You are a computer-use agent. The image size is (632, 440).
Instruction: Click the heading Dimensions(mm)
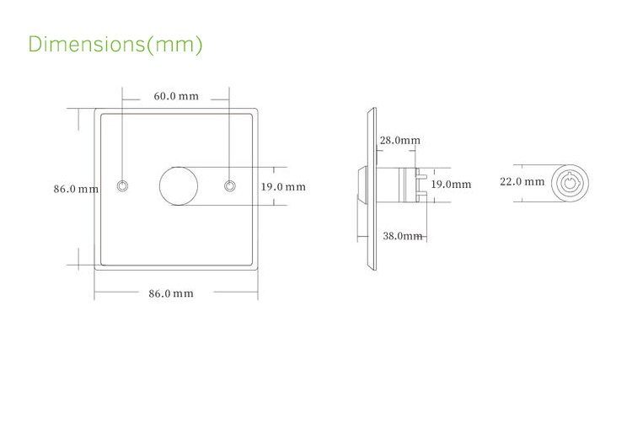(x=115, y=44)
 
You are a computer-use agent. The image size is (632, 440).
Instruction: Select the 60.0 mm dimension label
(x=176, y=96)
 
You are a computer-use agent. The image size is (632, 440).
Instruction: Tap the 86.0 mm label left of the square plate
(x=76, y=190)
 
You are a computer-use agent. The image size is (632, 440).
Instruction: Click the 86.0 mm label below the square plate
(x=171, y=293)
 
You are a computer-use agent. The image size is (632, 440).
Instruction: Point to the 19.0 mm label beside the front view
(x=282, y=186)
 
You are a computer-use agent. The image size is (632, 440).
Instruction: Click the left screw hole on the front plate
(x=124, y=185)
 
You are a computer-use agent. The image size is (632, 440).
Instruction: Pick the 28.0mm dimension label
(x=399, y=141)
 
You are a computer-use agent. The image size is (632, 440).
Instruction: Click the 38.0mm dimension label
(x=402, y=236)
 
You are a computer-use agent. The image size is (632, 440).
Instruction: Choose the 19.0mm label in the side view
(x=451, y=184)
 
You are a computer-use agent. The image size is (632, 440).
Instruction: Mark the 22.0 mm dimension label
(x=522, y=181)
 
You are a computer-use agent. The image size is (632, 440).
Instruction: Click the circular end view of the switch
(x=570, y=182)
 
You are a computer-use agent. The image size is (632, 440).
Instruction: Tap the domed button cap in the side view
(x=362, y=185)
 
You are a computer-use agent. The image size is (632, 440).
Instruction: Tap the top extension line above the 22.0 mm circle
(x=539, y=164)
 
